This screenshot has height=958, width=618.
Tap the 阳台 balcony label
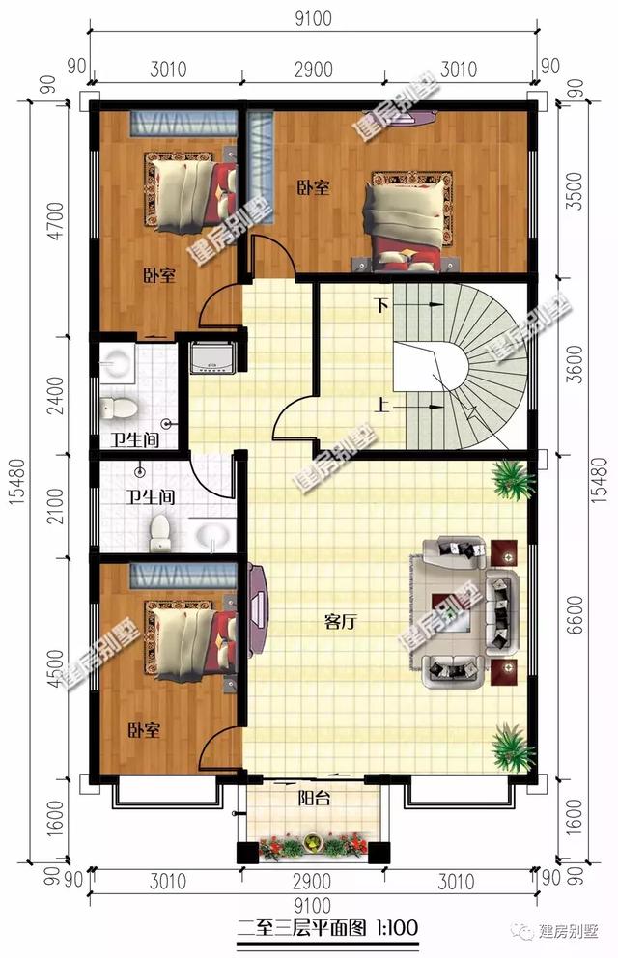[312, 798]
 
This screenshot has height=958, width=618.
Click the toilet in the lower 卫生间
[160, 529]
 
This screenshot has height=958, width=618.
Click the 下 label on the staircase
[382, 306]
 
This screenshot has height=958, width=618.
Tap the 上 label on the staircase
[383, 406]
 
